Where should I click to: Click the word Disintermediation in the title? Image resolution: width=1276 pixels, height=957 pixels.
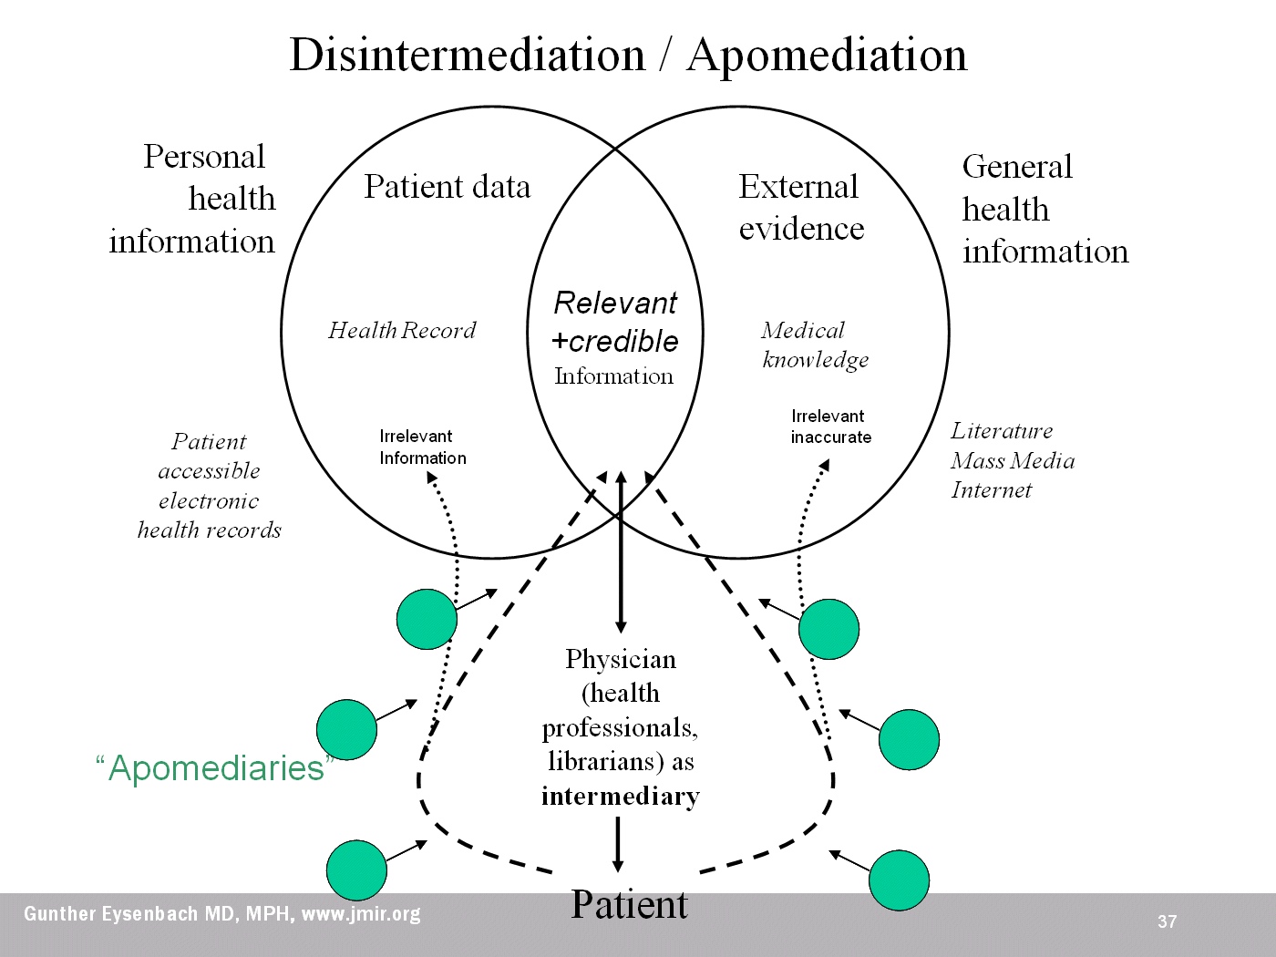click(467, 55)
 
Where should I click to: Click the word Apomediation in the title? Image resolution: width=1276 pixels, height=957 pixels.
click(827, 55)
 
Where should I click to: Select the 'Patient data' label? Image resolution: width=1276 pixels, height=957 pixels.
click(447, 187)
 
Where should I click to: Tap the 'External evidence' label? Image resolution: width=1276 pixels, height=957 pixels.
click(800, 208)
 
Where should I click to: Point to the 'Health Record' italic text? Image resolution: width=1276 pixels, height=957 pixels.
click(402, 330)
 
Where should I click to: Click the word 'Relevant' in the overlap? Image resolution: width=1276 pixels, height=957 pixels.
click(615, 303)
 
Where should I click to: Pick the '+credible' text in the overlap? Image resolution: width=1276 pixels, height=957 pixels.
click(615, 341)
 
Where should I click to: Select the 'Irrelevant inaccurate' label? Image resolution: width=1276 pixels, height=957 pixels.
click(830, 427)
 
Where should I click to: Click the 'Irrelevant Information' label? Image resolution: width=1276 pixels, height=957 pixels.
click(423, 448)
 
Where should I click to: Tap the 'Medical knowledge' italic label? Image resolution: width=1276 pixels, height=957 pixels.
click(814, 345)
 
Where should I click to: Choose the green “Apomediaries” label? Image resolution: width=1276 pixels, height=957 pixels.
click(215, 768)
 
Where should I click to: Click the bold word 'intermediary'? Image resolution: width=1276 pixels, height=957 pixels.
click(620, 797)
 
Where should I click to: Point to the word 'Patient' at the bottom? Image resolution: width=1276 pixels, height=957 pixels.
click(629, 905)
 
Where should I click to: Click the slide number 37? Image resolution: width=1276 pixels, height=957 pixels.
click(1167, 921)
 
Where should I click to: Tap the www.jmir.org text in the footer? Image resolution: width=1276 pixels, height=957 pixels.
click(361, 913)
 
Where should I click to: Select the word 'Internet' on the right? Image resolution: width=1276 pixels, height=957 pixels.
click(991, 490)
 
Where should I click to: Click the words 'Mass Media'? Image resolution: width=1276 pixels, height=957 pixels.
click(1013, 460)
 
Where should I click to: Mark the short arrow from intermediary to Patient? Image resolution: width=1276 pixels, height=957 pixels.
click(618, 844)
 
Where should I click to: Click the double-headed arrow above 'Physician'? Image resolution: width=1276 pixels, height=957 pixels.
click(621, 552)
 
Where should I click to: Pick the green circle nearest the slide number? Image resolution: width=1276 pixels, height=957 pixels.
click(899, 880)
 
